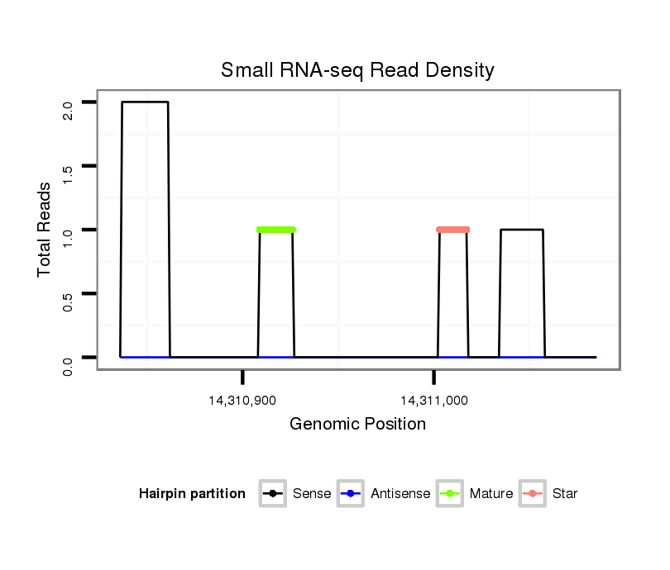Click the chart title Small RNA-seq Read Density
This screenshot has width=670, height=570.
[357, 71]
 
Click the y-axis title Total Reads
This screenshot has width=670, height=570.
[45, 229]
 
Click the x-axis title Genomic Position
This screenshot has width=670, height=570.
[357, 425]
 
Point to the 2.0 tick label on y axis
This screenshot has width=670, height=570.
[68, 109]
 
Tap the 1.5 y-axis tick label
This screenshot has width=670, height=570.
[68, 173]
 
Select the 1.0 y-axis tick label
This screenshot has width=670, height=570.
[68, 237]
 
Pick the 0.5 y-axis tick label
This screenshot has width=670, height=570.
[68, 301]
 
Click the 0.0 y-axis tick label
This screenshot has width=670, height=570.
[68, 364]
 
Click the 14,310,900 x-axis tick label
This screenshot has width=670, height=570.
[242, 401]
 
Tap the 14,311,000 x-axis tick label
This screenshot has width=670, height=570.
[433, 401]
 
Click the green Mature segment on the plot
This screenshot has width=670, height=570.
[276, 230]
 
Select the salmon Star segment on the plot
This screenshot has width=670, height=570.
[452, 230]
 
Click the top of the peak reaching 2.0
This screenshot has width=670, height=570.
[145, 102]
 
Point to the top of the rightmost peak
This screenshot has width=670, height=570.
[522, 230]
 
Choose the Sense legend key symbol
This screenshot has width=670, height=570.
[272, 494]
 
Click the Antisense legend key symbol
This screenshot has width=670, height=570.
[351, 494]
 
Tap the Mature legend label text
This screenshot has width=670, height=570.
[491, 494]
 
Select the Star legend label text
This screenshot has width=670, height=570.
[565, 494]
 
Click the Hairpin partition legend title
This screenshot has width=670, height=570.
[192, 494]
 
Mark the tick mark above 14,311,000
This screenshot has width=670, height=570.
[433, 378]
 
